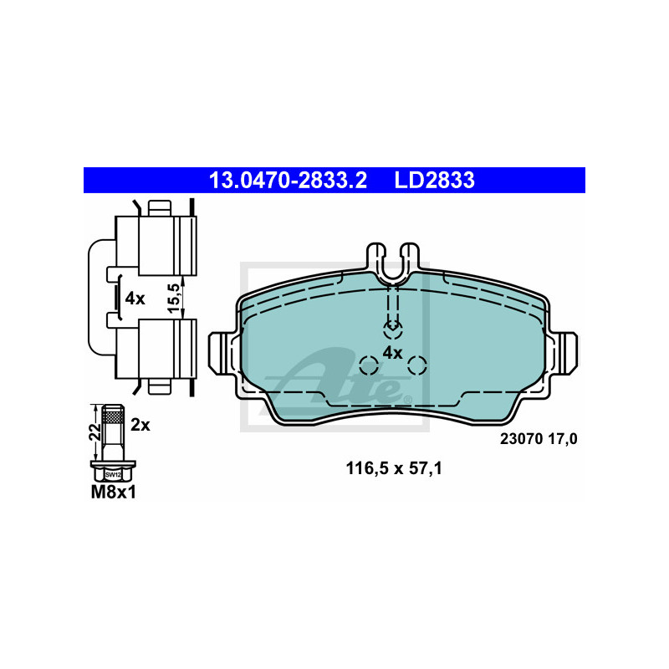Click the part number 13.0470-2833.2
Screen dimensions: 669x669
pos(288,180)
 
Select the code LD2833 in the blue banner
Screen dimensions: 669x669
pos(434,180)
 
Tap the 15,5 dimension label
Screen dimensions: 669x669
pos(174,298)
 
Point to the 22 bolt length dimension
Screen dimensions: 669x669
pos(95,432)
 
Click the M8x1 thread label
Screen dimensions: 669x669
pos(114,493)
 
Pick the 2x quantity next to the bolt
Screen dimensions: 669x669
pos(140,425)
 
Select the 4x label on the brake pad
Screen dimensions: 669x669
pos(392,353)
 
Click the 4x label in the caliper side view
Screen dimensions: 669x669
pos(135,299)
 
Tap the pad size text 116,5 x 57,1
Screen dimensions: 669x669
pos(394,468)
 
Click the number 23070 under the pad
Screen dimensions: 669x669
pos(521,439)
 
